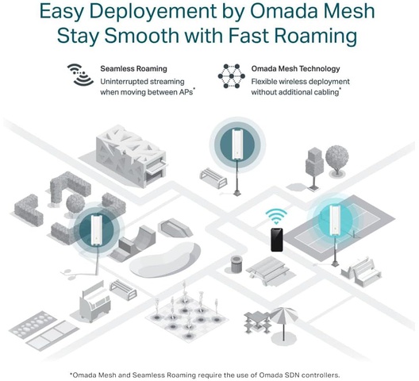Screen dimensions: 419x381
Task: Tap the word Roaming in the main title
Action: (316, 37)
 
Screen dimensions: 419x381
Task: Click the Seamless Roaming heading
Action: (133, 69)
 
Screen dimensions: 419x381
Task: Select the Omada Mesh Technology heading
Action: (295, 69)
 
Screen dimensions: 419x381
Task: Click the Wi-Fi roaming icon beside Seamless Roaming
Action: (80, 75)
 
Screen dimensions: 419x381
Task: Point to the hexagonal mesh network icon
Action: (232, 76)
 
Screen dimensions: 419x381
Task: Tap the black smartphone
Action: (277, 240)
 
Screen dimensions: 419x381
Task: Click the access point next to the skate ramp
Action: (96, 230)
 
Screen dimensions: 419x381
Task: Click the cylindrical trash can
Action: (236, 264)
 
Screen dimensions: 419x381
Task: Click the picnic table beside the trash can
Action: (267, 271)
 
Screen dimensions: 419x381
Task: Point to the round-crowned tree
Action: (337, 160)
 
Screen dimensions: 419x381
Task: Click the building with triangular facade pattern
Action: (131, 156)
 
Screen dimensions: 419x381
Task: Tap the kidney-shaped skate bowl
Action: (165, 260)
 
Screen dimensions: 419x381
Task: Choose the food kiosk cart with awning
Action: (95, 301)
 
